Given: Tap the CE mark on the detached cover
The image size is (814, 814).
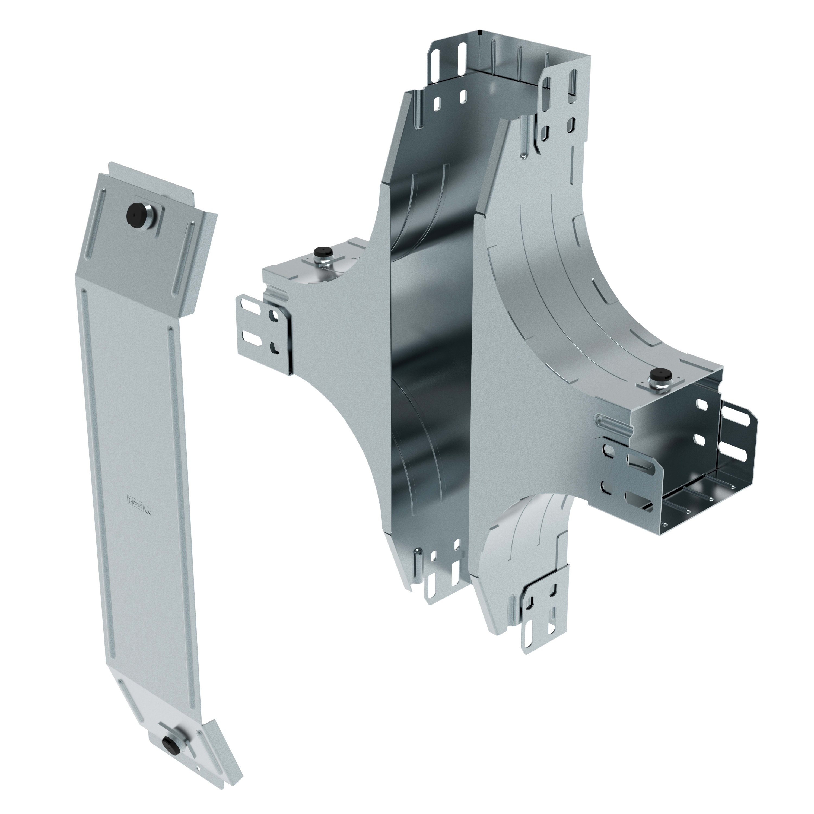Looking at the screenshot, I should (x=147, y=511).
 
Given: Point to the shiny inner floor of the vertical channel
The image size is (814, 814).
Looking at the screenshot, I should (x=430, y=337).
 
